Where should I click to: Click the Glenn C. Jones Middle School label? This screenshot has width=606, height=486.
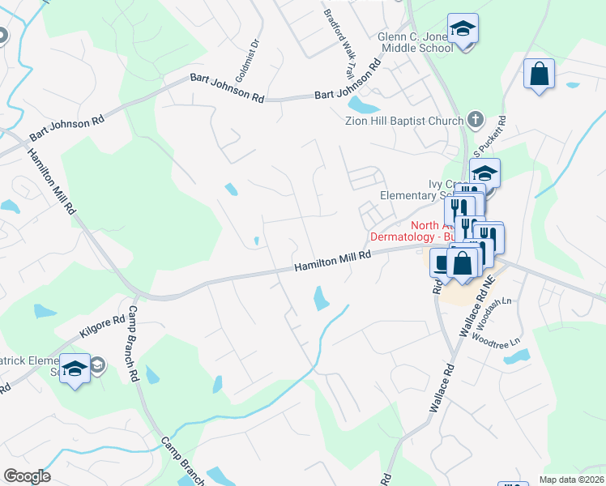coord(416,42)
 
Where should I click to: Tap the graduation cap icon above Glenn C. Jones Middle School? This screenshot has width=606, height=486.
coord(463,28)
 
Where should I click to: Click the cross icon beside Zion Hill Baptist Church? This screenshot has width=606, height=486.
coord(475,121)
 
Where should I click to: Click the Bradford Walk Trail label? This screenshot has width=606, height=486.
coord(339,43)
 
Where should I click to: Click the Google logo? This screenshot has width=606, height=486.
coord(28,476)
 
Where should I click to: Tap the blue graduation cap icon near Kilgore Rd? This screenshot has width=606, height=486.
coord(75,369)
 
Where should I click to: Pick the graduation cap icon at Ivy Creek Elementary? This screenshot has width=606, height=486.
coord(484,173)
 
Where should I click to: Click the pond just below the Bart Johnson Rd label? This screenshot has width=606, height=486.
coord(362,105)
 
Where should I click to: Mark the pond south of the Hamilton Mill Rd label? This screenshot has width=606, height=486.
coord(321,299)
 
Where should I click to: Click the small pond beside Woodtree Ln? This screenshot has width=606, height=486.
coord(516,356)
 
